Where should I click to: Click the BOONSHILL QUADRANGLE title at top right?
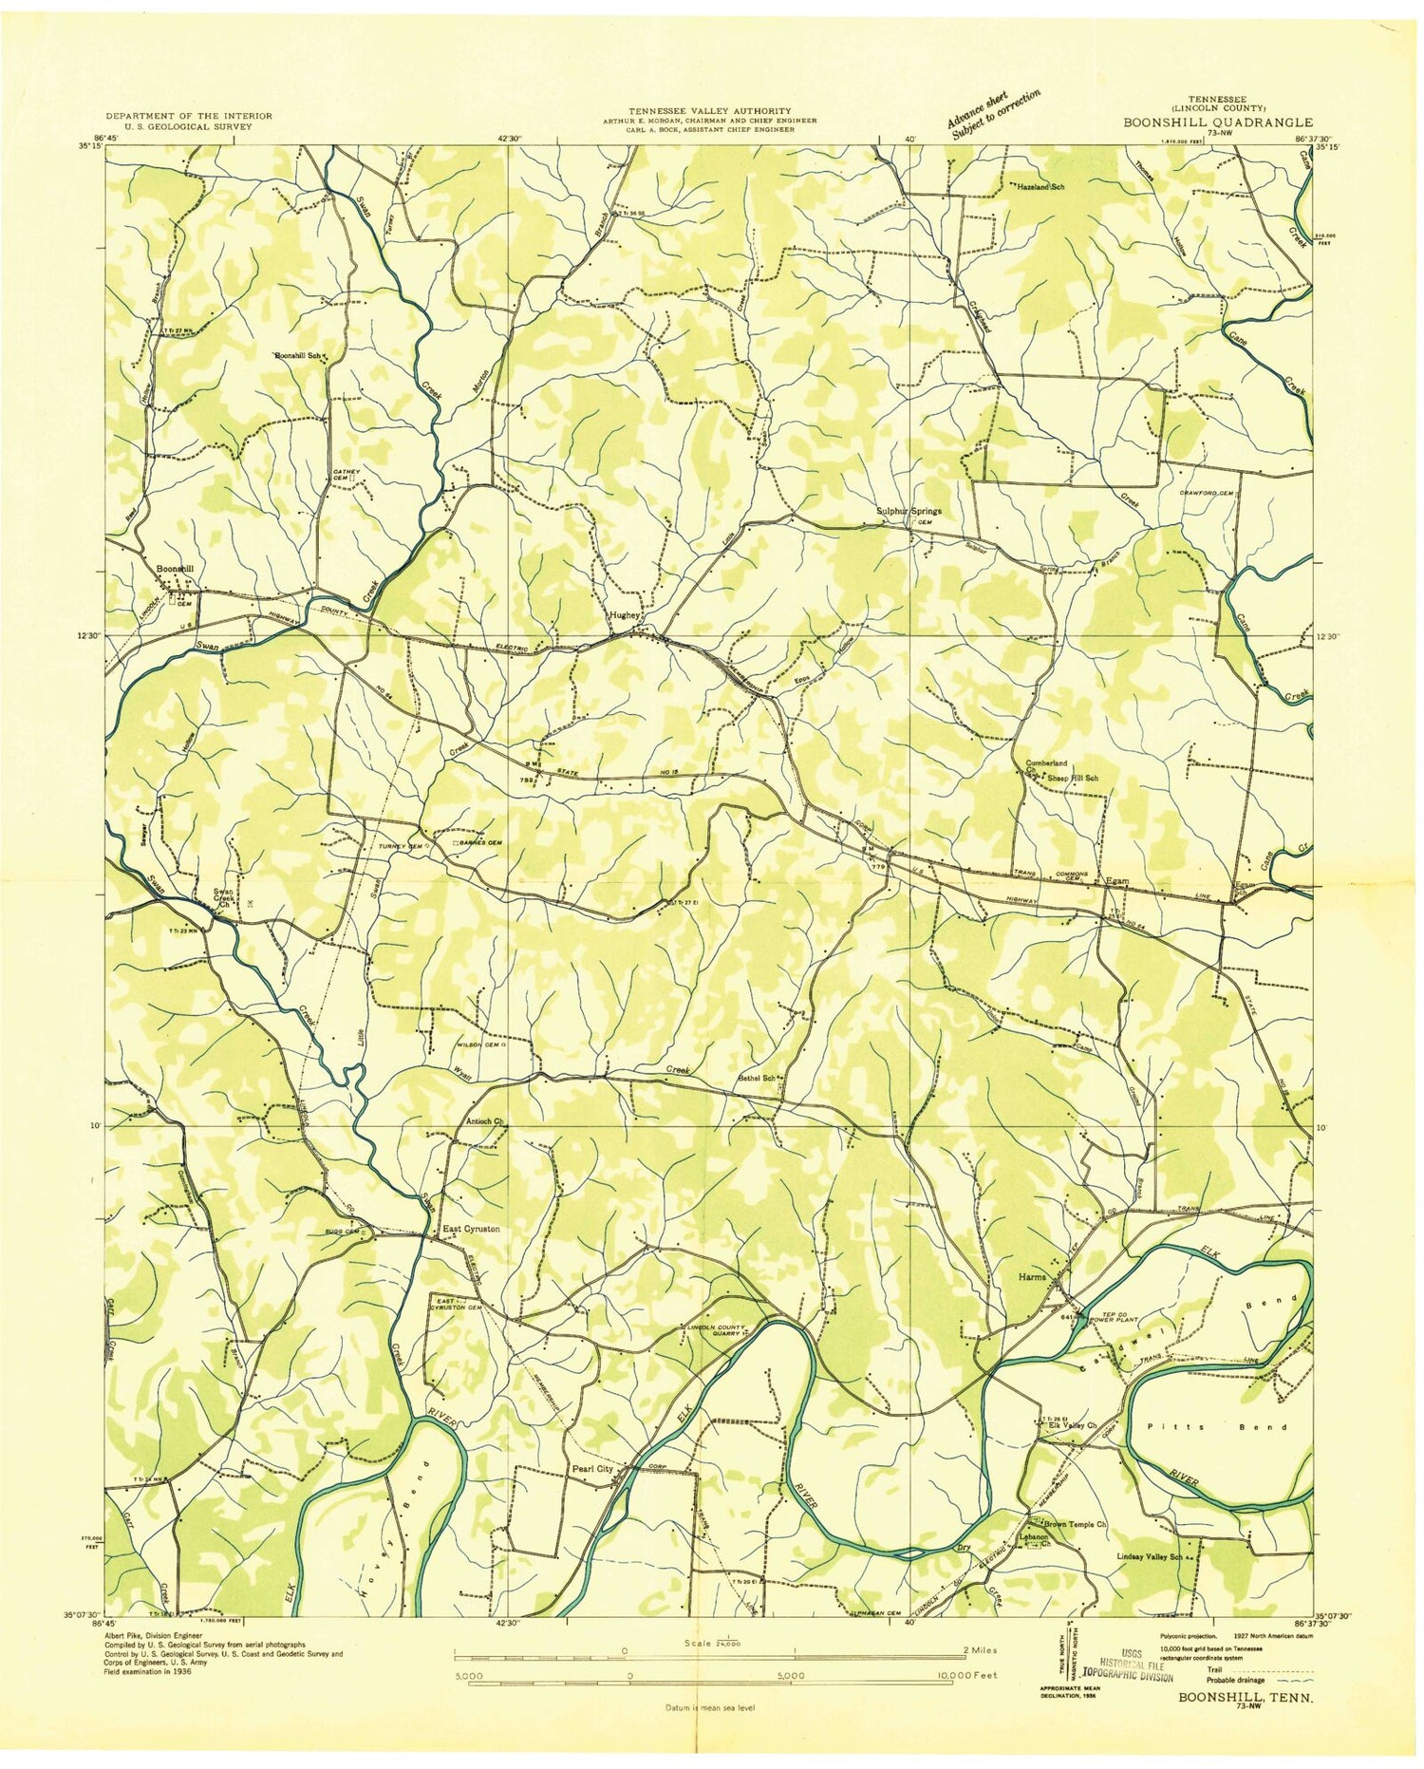coord(1219,122)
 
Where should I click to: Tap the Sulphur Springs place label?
coord(907,512)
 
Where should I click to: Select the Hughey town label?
coord(625,615)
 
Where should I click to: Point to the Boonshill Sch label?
coord(299,356)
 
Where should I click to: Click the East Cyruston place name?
coord(471,1230)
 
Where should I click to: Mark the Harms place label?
coord(1032,1277)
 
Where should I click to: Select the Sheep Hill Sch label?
coord(1071,778)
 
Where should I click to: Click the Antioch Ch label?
coord(484,1121)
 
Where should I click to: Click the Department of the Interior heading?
coord(189,116)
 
